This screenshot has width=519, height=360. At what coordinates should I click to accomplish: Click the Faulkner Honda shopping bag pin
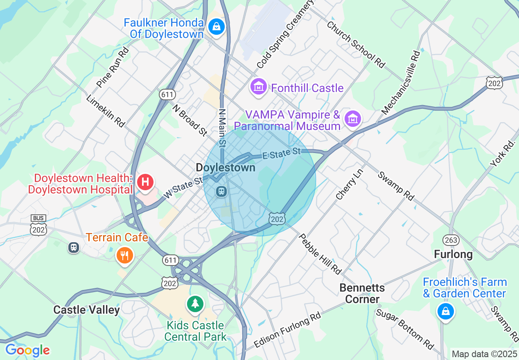[216, 27]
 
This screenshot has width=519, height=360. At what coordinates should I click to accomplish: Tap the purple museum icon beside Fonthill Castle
[259, 87]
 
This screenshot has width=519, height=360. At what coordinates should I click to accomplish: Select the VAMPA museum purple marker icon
[352, 119]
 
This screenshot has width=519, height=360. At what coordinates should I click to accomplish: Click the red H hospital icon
[145, 182]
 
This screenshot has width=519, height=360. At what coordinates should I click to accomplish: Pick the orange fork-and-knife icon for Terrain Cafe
[124, 255]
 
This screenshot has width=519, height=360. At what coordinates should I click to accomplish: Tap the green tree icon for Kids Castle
[196, 304]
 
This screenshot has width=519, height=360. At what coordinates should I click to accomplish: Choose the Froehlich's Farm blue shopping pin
[445, 311]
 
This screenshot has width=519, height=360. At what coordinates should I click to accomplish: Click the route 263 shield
[451, 240]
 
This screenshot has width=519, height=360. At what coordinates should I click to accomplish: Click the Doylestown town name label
[226, 168]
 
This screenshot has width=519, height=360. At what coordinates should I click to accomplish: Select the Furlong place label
[453, 254]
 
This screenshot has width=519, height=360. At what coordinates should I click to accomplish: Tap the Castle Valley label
[86, 310]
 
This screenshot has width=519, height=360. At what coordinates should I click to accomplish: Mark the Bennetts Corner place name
[362, 293]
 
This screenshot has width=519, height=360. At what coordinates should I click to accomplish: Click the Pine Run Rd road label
[113, 67]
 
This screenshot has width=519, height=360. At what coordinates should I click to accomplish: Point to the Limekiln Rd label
[105, 111]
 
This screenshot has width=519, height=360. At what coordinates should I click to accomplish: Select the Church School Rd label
[356, 44]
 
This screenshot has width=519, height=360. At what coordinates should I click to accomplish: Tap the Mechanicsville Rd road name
[401, 82]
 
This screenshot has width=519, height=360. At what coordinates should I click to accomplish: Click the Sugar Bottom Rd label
[404, 329]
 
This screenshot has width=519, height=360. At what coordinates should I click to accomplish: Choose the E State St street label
[281, 153]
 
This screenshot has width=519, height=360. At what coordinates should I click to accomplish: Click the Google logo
[27, 350]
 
